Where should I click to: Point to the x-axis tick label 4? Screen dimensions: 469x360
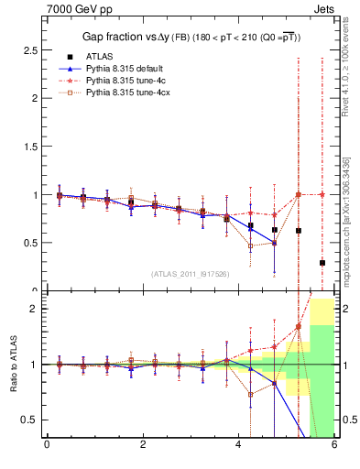pyautogui.click(x=238, y=445)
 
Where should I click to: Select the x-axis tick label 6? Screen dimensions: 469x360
pyautogui.click(x=334, y=445)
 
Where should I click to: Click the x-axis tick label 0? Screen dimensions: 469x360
pyautogui.click(x=47, y=445)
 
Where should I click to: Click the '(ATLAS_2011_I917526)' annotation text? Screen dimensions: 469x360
pyautogui.click(x=190, y=274)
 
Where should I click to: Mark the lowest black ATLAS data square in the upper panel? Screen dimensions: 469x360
pyautogui.click(x=322, y=263)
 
